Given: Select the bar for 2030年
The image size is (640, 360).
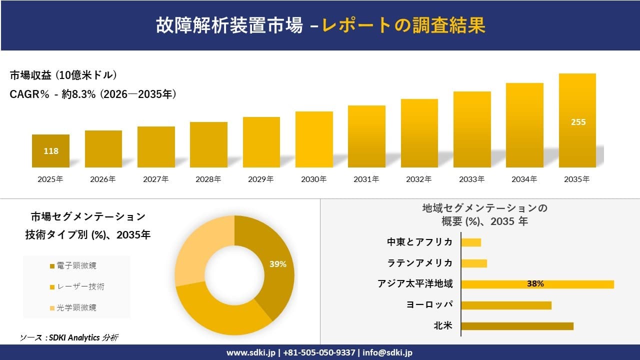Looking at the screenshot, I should [314, 139].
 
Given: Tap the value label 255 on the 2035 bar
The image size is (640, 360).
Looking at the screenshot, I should [578, 122].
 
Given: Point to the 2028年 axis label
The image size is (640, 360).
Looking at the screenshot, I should [208, 179].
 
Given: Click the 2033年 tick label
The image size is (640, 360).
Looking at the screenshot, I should [471, 179].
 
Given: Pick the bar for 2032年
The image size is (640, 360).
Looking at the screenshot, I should [419, 133].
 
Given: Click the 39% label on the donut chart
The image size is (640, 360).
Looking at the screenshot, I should [277, 264].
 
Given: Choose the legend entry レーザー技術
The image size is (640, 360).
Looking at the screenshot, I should [77, 286].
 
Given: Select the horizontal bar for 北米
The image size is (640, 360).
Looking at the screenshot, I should [516, 326].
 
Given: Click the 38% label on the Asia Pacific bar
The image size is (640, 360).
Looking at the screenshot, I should [535, 284].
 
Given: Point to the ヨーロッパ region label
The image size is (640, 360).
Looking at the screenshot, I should [429, 305].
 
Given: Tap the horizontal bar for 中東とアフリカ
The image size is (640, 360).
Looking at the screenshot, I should [470, 242].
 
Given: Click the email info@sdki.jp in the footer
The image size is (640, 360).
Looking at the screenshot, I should [387, 352].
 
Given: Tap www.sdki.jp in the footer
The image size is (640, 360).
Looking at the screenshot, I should [251, 352].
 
